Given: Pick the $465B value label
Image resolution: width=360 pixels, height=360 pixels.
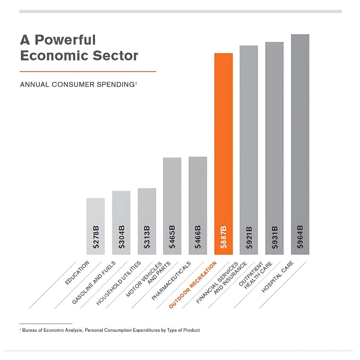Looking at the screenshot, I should click(x=172, y=237).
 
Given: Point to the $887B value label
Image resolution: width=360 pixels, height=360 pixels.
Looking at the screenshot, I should click(x=223, y=237).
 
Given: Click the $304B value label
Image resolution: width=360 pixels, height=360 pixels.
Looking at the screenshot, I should click(x=121, y=237).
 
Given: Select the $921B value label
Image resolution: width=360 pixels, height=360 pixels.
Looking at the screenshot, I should click(x=249, y=237).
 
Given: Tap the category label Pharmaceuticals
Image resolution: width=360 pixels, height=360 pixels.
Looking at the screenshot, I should click(x=171, y=281).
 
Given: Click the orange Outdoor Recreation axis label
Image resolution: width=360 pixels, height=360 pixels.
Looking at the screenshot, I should click(x=193, y=285).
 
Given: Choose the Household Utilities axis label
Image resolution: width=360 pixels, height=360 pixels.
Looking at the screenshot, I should click(x=118, y=283).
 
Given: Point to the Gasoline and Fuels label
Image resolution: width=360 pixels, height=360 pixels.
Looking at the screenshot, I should click(x=94, y=283).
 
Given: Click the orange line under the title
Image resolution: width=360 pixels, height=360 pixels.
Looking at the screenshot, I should click(x=88, y=71).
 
